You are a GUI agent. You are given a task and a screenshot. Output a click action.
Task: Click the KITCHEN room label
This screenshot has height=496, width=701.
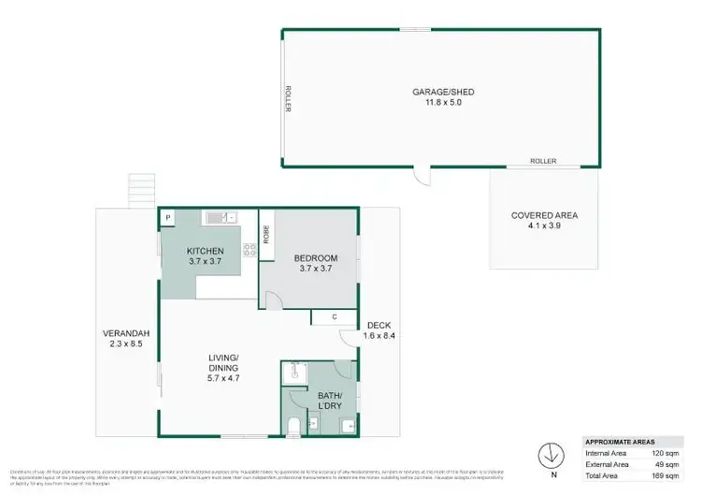[203, 251]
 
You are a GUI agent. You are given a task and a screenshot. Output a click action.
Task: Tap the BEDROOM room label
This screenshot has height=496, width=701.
[315, 257]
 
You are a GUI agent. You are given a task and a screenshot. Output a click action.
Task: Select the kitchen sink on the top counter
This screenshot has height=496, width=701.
[215, 218]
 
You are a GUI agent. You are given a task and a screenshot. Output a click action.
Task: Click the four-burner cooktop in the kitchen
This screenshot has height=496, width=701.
[250, 249]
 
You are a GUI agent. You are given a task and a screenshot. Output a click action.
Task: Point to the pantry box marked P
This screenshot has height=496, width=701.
[168, 218]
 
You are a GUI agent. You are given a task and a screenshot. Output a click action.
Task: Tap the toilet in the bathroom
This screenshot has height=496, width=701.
[293, 427]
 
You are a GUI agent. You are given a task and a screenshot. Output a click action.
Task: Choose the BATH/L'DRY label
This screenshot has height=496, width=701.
[329, 401]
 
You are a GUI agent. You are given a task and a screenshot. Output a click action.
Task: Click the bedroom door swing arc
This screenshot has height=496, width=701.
[271, 299]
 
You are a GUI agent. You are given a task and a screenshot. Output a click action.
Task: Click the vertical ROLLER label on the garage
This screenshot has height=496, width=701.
[290, 99]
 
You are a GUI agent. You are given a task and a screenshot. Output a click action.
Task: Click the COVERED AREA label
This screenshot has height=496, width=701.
[544, 215]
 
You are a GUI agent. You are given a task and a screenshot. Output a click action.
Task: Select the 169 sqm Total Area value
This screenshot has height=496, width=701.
[668, 474]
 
